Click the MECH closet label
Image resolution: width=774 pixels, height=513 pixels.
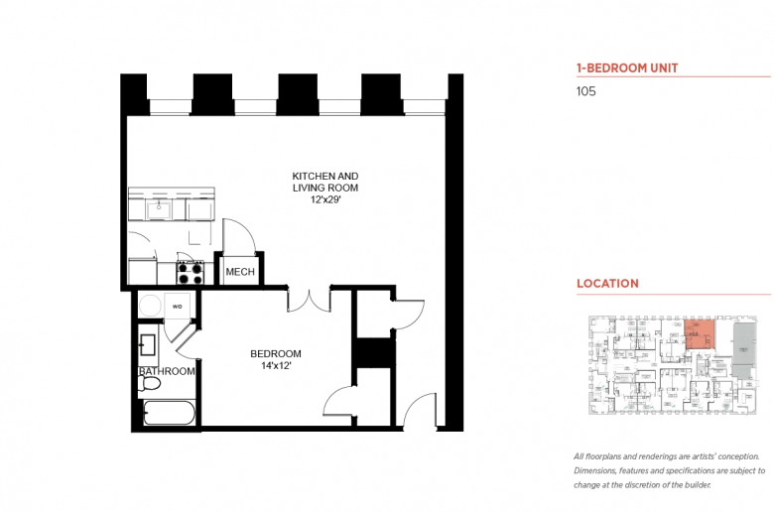[239, 272]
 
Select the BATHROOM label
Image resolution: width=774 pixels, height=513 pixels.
[167, 371]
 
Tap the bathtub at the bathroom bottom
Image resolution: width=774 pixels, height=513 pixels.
[167, 413]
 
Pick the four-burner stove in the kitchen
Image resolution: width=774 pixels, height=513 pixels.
[190, 272]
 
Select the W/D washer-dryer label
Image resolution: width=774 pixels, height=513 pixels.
[179, 306]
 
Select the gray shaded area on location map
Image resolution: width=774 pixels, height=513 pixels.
[743, 339]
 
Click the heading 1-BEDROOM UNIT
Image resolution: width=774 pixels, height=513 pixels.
[627, 68]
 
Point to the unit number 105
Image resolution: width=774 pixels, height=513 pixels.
[586, 91]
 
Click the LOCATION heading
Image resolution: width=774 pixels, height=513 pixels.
[607, 283]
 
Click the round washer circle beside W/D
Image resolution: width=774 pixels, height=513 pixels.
[151, 306]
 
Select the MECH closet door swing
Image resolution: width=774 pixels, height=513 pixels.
[241, 235]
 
